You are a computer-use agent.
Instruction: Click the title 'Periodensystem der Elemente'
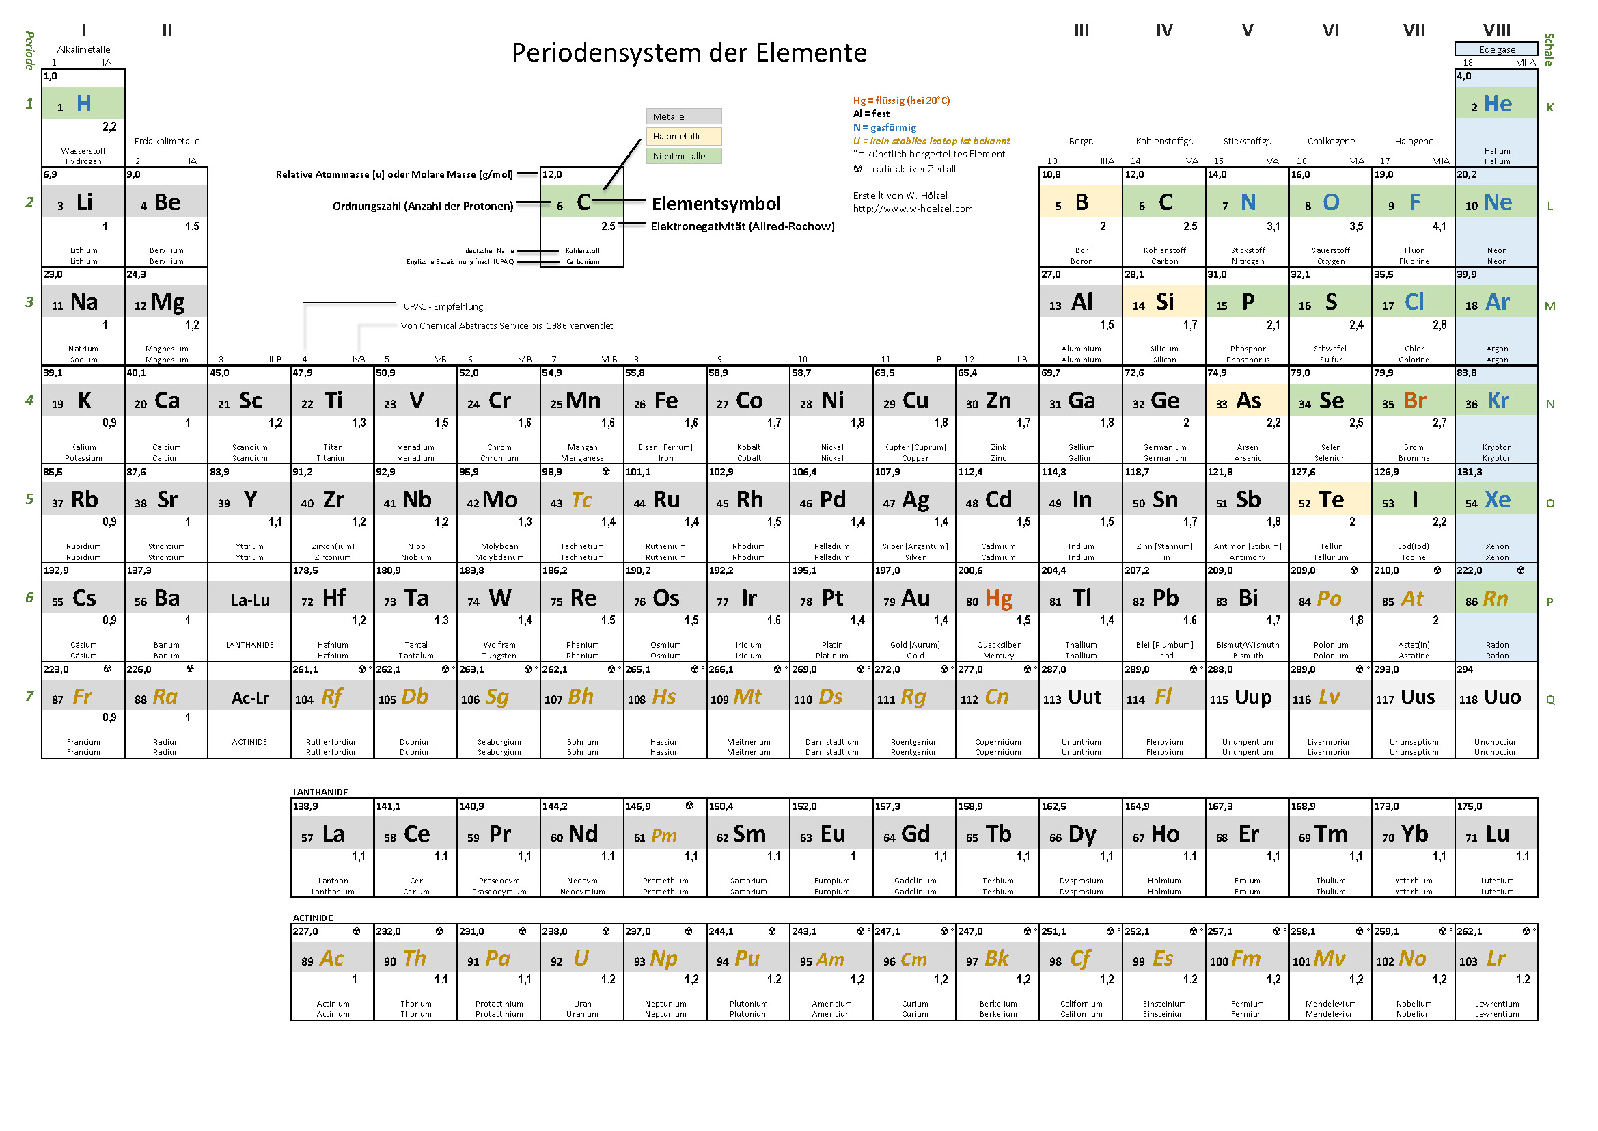coord(689,53)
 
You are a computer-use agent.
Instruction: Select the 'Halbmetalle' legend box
coord(683,137)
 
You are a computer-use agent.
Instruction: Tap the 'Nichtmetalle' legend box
coord(683,156)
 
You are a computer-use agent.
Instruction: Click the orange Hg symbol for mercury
coord(999,598)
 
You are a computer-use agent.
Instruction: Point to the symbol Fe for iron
coord(666,401)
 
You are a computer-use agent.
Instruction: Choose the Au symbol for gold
coord(915,598)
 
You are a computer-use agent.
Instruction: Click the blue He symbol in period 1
coord(1498,105)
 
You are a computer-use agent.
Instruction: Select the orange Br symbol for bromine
coord(1415,401)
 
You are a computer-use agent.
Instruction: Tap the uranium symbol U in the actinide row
coord(581,959)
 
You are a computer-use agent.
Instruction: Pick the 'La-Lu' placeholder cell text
coord(250,600)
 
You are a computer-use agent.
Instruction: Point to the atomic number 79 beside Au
coord(889,602)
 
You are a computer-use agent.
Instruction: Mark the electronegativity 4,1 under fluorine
coord(1439,226)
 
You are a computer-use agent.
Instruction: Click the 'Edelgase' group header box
coord(1496,49)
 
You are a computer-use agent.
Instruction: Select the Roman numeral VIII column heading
coord(1496,31)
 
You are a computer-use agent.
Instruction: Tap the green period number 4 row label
coord(29,401)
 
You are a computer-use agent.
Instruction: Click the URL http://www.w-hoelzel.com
coord(913,209)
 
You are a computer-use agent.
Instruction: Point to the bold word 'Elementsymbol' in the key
coord(715,204)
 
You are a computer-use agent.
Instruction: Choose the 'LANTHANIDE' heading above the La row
coord(320,792)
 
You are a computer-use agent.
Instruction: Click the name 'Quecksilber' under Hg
coord(998,645)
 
